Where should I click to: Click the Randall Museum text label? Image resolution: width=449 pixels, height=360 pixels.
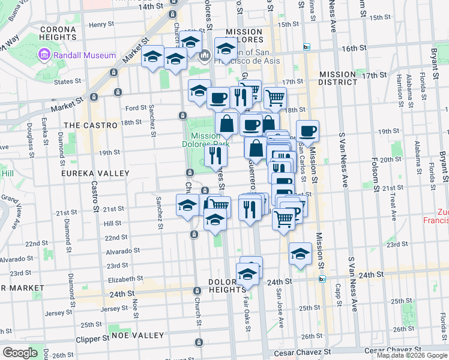tap(85, 55)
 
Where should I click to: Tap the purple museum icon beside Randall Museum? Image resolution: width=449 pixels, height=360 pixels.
tap(44, 56)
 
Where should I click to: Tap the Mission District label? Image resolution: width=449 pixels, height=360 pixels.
tap(337, 77)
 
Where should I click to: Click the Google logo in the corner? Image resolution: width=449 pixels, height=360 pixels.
tap(20, 353)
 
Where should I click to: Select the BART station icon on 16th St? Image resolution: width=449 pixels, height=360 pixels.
tap(306, 47)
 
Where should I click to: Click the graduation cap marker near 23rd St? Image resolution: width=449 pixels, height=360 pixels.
tap(300, 254)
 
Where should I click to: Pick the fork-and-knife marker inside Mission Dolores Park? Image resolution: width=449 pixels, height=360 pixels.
tap(215, 155)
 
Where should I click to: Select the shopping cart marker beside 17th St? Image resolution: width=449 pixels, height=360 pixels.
tap(274, 98)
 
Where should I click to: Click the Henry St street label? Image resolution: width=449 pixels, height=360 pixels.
tap(101, 25)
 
